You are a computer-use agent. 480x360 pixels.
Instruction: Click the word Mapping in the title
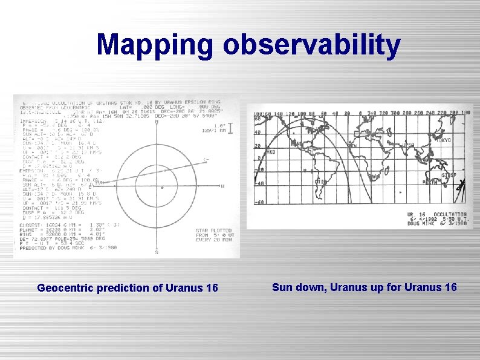tap(155, 45)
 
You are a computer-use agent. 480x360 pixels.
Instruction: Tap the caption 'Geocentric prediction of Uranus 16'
tap(128, 288)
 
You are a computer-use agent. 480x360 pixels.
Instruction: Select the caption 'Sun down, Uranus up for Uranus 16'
tap(365, 287)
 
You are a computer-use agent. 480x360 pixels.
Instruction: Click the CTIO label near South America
tap(320, 181)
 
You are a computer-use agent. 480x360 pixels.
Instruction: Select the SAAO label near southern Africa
tap(375, 177)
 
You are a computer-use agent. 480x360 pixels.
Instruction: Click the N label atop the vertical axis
tap(157, 122)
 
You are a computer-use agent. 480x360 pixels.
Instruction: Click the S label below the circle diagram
tap(157, 252)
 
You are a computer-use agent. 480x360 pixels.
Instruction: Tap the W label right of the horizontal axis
tap(222, 186)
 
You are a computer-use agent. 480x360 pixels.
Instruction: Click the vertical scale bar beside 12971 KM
tap(230, 128)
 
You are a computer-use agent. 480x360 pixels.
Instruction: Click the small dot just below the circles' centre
tap(161, 188)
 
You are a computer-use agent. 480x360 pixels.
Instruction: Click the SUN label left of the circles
tap(99, 182)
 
